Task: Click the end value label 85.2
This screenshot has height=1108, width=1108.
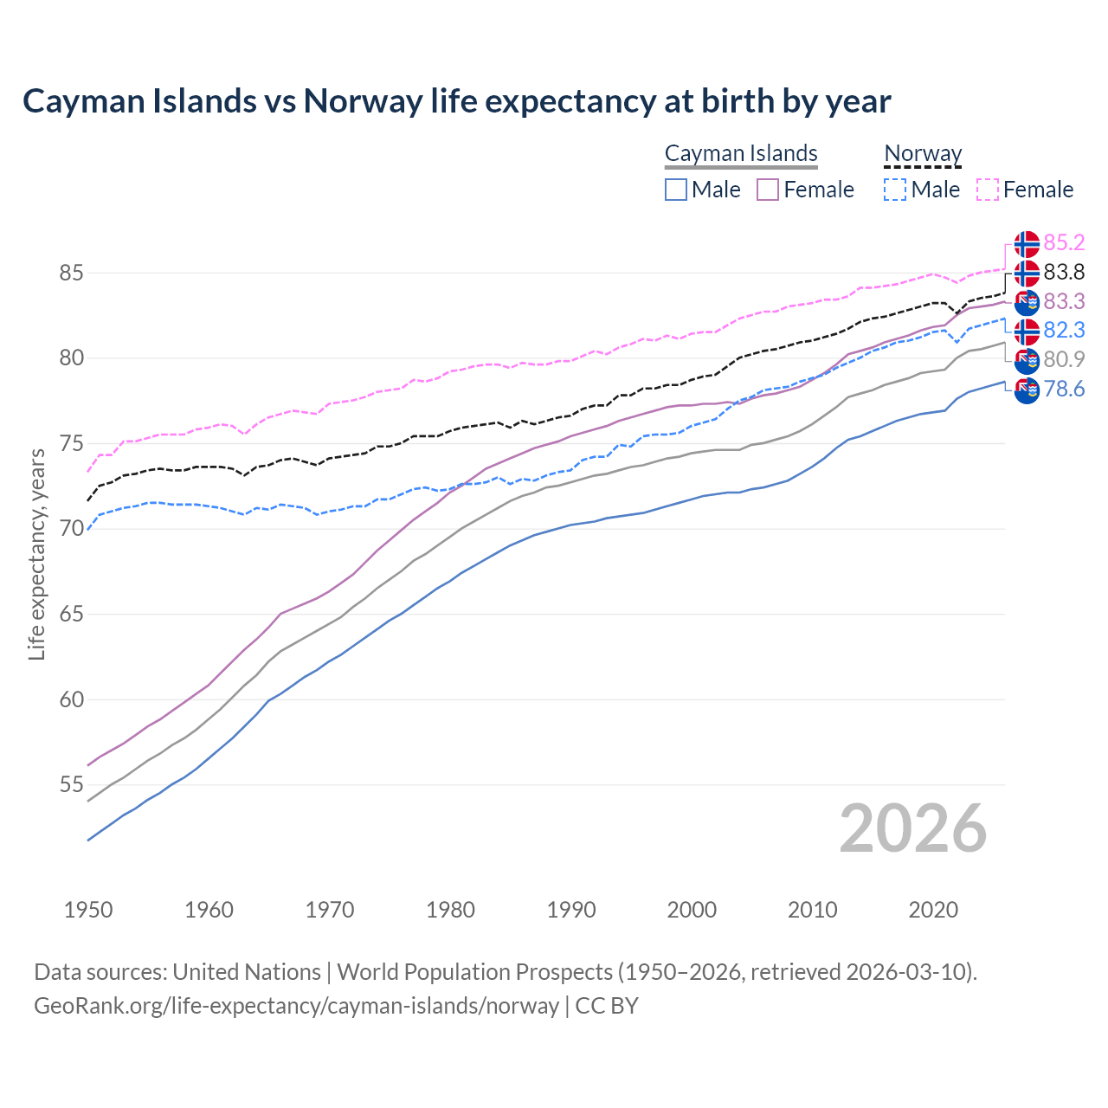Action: coord(1064,243)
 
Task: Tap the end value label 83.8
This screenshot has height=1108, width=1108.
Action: coord(1064,273)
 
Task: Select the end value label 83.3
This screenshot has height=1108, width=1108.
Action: coord(1064,301)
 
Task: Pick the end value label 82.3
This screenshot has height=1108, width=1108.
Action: coord(1064,331)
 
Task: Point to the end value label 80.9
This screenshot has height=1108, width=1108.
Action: coord(1064,359)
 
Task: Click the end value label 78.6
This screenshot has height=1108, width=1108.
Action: coord(1064,390)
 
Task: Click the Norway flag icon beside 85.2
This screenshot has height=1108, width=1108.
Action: coord(1027,244)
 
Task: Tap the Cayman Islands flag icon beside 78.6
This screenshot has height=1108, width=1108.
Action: coord(1027,390)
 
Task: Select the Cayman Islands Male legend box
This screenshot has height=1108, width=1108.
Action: coord(676,190)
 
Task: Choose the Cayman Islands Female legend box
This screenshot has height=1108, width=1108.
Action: coord(768,190)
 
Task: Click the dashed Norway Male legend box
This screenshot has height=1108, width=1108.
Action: coord(895,190)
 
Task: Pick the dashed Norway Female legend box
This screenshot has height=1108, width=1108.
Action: coord(988,190)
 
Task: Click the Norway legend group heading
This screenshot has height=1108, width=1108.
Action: coord(923,154)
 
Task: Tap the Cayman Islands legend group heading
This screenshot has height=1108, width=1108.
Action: coord(741,154)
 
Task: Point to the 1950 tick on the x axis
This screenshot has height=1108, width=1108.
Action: coord(88,910)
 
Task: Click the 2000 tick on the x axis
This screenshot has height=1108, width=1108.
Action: coord(692,910)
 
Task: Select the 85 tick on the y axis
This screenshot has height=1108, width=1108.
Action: coord(71,274)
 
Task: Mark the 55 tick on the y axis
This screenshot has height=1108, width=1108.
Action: coord(71,785)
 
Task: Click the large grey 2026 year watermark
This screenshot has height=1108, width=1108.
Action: coord(913,828)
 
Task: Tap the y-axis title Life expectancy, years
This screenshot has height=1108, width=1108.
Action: coord(36,554)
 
